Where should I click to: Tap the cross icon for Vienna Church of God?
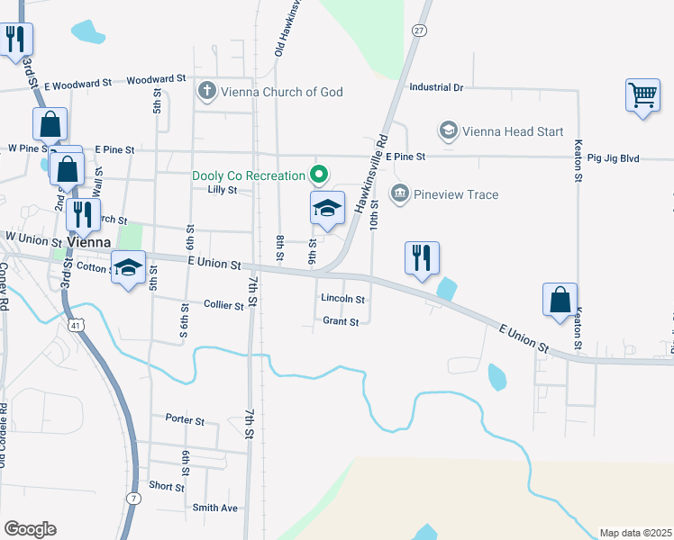pyautogui.click(x=207, y=91)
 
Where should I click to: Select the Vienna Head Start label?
pyautogui.click(x=513, y=131)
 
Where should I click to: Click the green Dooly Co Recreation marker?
pyautogui.click(x=317, y=175)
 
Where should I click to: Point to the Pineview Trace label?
pyautogui.click(x=456, y=193)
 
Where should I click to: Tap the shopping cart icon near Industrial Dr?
pyautogui.click(x=642, y=94)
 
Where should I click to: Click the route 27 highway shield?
pyautogui.click(x=418, y=30)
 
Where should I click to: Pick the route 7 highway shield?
pyautogui.click(x=133, y=498)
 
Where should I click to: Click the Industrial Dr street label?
pyautogui.click(x=435, y=87)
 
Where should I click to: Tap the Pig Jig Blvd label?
pyautogui.click(x=613, y=158)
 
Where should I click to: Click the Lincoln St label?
pyautogui.click(x=342, y=299)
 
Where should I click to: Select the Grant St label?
pyautogui.click(x=341, y=321)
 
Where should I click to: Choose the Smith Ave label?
pyautogui.click(x=214, y=508)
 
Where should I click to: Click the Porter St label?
pyautogui.click(x=185, y=419)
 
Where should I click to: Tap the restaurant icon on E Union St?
pyautogui.click(x=422, y=258)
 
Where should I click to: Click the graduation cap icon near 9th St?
pyautogui.click(x=328, y=209)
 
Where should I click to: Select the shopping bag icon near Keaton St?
pyautogui.click(x=560, y=301)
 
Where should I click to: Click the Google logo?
pyautogui.click(x=30, y=529)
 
